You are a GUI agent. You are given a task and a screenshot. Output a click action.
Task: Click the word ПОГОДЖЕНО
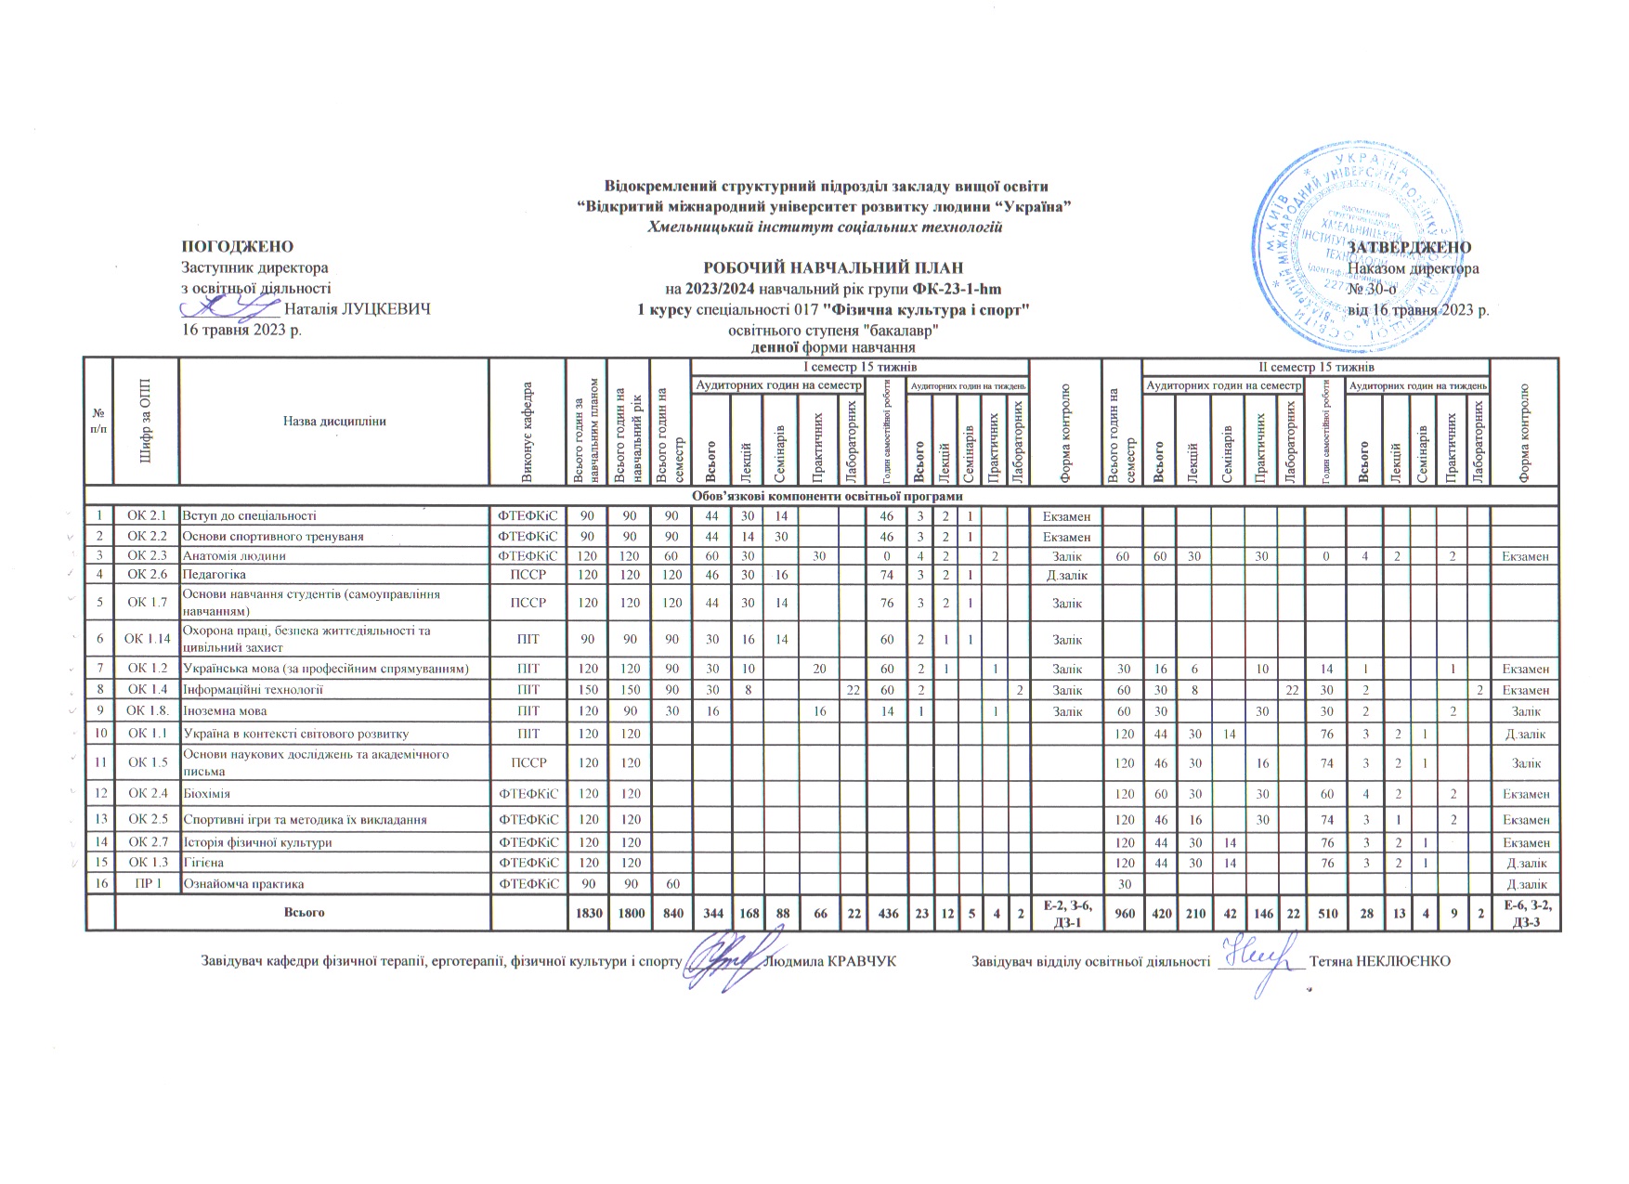pyautogui.click(x=237, y=247)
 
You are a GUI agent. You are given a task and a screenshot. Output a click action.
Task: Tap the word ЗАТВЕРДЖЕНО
pyautogui.click(x=1409, y=248)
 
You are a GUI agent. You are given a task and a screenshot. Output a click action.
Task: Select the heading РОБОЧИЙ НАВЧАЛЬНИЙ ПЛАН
pyautogui.click(x=832, y=268)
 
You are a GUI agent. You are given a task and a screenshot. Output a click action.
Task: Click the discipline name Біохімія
pyautogui.click(x=206, y=794)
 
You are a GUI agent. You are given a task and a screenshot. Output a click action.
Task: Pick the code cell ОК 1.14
pyautogui.click(x=147, y=639)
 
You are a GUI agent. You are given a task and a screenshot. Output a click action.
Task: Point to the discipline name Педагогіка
pyautogui.click(x=214, y=575)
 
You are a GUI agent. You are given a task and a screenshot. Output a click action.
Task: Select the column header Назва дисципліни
pyautogui.click(x=334, y=421)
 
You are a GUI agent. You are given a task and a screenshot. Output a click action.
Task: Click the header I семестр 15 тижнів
pyautogui.click(x=859, y=367)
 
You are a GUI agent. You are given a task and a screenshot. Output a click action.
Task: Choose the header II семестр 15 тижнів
pyautogui.click(x=1315, y=367)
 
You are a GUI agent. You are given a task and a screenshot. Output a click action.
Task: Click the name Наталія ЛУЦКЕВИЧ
pyautogui.click(x=358, y=308)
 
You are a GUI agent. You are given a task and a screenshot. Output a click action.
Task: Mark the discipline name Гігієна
pyautogui.click(x=202, y=863)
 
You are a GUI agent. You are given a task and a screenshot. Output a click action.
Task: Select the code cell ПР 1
pyautogui.click(x=147, y=883)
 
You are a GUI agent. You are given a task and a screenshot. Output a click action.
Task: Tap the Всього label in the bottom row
pyautogui.click(x=304, y=913)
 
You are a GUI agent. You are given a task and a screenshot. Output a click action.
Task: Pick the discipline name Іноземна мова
pyautogui.click(x=225, y=711)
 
